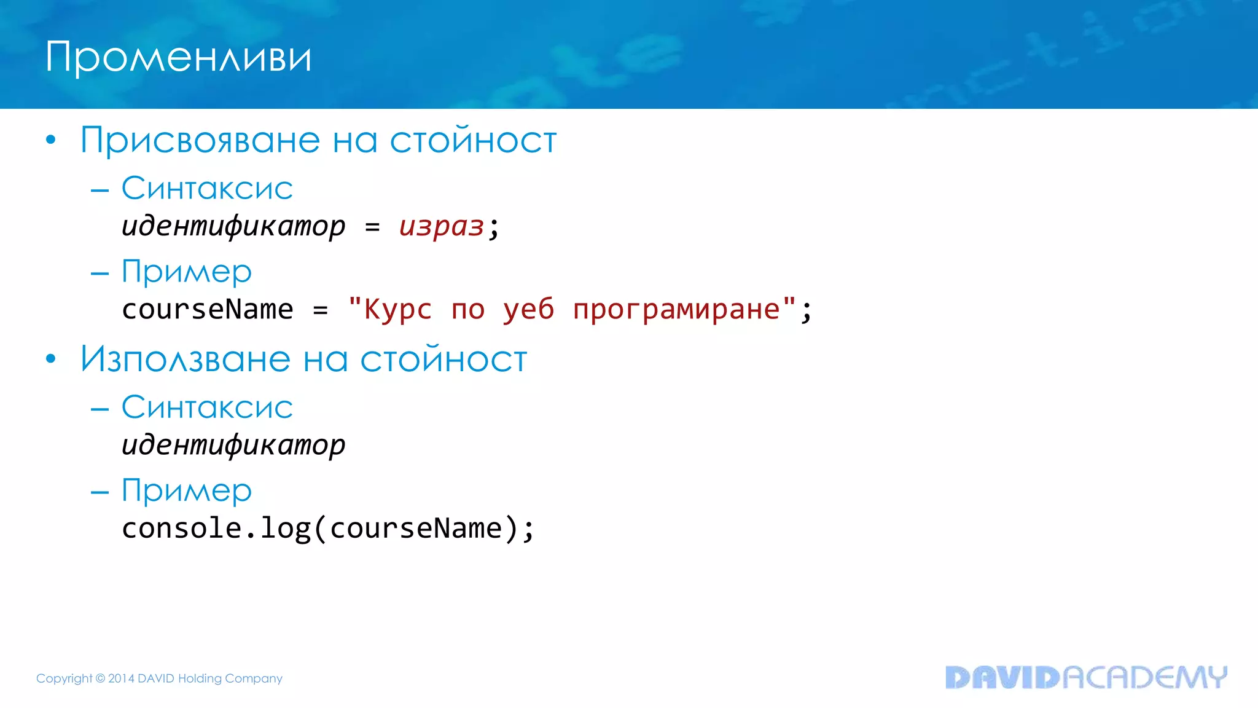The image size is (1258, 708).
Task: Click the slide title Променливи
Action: [x=178, y=58]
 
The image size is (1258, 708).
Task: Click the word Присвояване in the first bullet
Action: [x=200, y=141]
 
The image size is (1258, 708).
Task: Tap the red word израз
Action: [x=442, y=226]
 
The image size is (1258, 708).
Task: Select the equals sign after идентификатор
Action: [x=372, y=227]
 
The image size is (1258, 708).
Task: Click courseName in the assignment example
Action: [x=207, y=309]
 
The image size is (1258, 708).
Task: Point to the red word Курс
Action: [x=397, y=309]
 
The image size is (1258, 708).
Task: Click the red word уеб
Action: [x=528, y=309]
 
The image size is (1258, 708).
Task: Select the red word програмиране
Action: [x=676, y=309]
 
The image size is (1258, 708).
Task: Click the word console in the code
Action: [x=181, y=529]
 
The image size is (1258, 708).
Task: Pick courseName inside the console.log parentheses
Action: [x=416, y=529]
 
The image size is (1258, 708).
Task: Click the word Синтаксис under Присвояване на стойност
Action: [x=207, y=188]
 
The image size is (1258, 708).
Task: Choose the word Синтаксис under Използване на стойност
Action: [x=207, y=407]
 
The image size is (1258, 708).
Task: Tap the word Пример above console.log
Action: [x=187, y=491]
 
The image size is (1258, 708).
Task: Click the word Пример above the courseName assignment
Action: [x=187, y=272]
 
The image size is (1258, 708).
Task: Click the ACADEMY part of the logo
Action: [x=1144, y=677]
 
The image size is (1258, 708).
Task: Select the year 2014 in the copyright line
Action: [x=121, y=678]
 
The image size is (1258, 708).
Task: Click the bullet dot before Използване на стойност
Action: [x=51, y=359]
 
